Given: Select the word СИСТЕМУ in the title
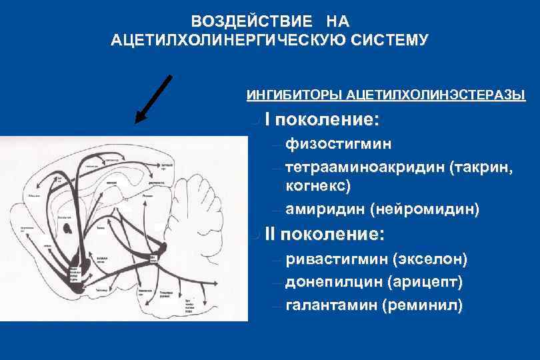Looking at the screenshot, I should [393, 40].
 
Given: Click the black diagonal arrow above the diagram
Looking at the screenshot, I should [154, 99].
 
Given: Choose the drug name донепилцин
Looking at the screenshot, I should [333, 281].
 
